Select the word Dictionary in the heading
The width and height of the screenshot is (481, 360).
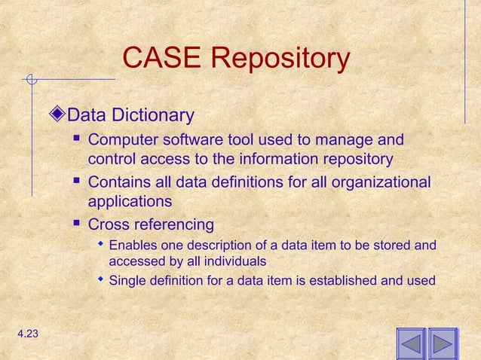tap(153, 116)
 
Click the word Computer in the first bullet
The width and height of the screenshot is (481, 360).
tap(124, 140)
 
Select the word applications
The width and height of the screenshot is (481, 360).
tap(130, 202)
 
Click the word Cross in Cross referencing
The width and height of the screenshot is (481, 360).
tap(108, 224)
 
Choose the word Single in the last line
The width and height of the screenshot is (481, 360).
tap(127, 281)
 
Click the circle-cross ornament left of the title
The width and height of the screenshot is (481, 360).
tap(30, 78)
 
